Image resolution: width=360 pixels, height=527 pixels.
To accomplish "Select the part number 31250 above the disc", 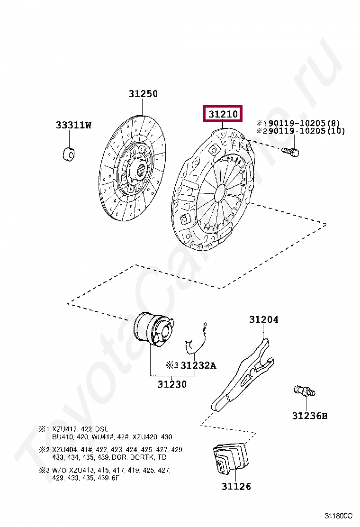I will [143, 94].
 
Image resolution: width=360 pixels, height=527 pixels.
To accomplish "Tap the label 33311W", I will [73, 125].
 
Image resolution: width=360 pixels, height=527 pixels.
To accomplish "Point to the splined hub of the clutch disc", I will [141, 169].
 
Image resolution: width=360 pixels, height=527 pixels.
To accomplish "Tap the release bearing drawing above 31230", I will [154, 330].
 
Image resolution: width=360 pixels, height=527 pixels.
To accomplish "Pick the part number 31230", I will [172, 384].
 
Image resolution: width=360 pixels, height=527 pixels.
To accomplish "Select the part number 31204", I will [264, 320].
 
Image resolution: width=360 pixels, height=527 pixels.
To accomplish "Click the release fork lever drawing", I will [242, 374].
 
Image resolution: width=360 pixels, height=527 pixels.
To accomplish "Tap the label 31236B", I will [309, 416].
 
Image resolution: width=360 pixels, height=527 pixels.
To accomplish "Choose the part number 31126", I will [236, 486].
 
